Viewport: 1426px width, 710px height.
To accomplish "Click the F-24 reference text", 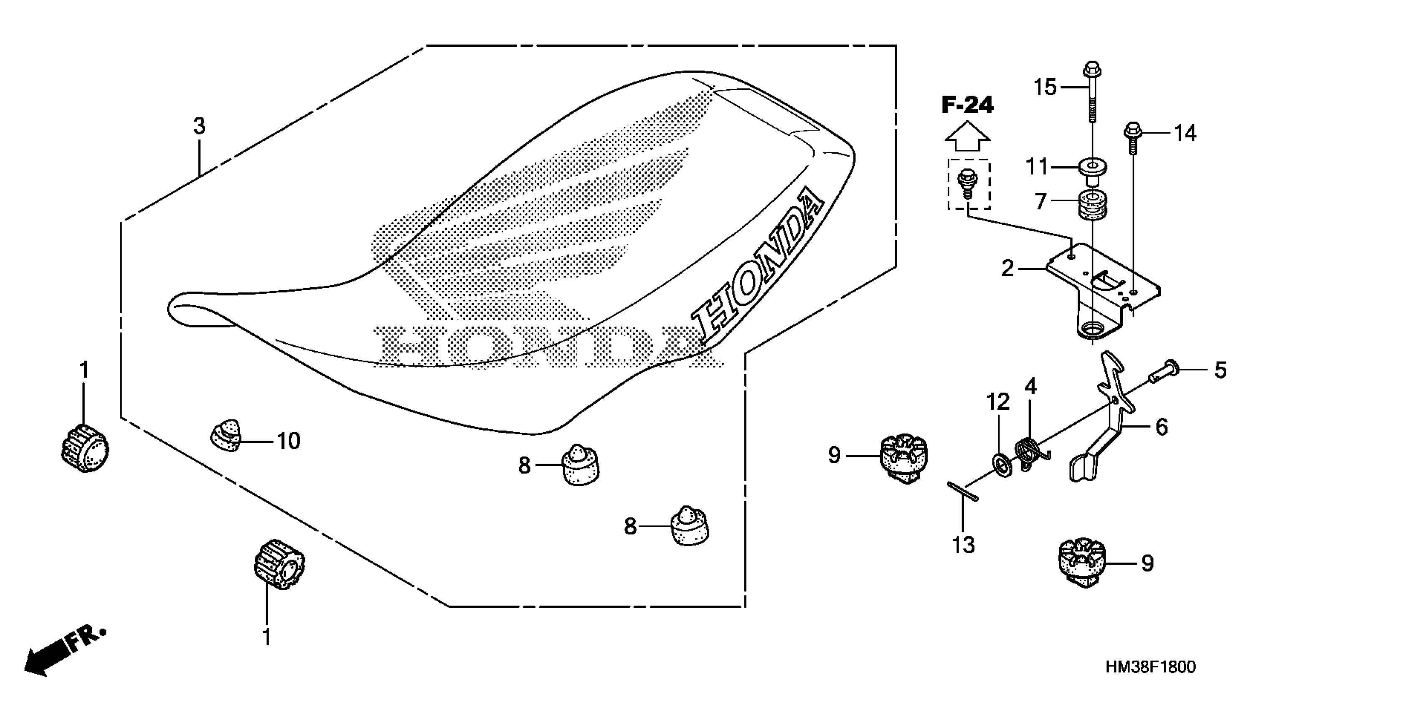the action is point(968,104).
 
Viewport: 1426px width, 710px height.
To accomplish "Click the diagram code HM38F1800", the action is point(1151,667).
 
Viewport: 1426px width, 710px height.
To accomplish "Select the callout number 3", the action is point(199,126).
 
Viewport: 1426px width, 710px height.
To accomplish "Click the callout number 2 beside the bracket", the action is point(1007,269).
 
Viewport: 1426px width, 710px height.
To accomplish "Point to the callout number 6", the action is point(1162,427).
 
